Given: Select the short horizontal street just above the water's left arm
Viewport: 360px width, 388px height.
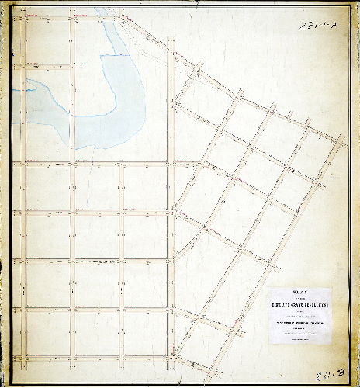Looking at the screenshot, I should coord(47,64).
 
